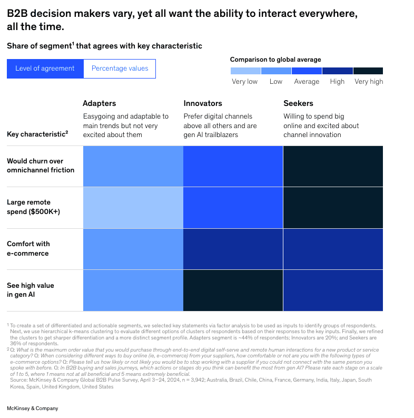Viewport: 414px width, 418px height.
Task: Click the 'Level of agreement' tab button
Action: click(45, 69)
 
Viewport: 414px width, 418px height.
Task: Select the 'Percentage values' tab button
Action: click(120, 69)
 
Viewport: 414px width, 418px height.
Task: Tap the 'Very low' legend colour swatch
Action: click(245, 71)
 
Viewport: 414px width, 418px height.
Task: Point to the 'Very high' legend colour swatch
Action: click(368, 71)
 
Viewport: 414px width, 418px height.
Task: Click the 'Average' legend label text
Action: click(307, 82)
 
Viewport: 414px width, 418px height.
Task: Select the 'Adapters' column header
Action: click(99, 103)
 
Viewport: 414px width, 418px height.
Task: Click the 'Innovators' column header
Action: click(203, 103)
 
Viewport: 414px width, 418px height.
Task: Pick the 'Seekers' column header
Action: click(298, 103)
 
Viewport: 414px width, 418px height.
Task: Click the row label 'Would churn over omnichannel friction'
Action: click(41, 166)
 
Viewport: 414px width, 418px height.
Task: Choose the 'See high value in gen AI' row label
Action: click(31, 290)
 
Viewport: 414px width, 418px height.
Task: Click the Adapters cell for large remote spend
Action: click(133, 207)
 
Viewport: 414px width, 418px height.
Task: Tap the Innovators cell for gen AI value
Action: click(233, 290)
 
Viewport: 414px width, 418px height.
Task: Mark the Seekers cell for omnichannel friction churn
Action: click(333, 166)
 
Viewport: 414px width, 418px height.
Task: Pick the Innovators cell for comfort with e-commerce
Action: click(233, 249)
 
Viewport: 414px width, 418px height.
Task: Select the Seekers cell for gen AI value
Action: click(333, 290)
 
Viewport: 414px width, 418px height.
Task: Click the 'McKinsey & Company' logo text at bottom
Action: click(33, 409)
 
